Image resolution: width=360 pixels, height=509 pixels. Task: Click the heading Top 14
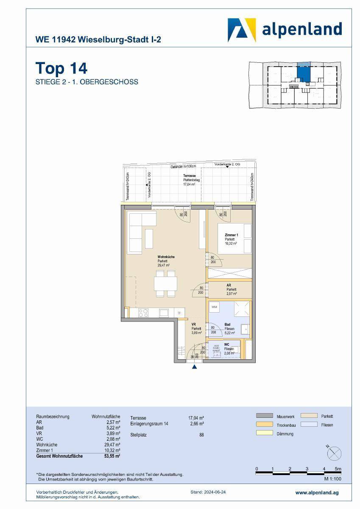coord(61,68)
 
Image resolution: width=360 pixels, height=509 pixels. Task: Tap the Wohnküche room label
coord(166,257)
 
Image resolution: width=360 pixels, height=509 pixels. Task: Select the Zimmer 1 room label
coord(231,235)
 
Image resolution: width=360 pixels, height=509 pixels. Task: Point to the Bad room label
coord(228,324)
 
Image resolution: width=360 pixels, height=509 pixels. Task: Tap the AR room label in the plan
coord(229,285)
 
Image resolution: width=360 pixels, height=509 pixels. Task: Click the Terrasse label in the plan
coord(189,176)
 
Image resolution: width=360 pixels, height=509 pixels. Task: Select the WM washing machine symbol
coord(215,306)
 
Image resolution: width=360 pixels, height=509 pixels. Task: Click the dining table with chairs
coord(165,284)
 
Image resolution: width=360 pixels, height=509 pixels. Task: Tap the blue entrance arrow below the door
coord(195,367)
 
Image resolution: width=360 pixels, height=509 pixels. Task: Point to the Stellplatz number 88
coord(201,434)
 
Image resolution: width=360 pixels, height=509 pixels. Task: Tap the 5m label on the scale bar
coord(338,469)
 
